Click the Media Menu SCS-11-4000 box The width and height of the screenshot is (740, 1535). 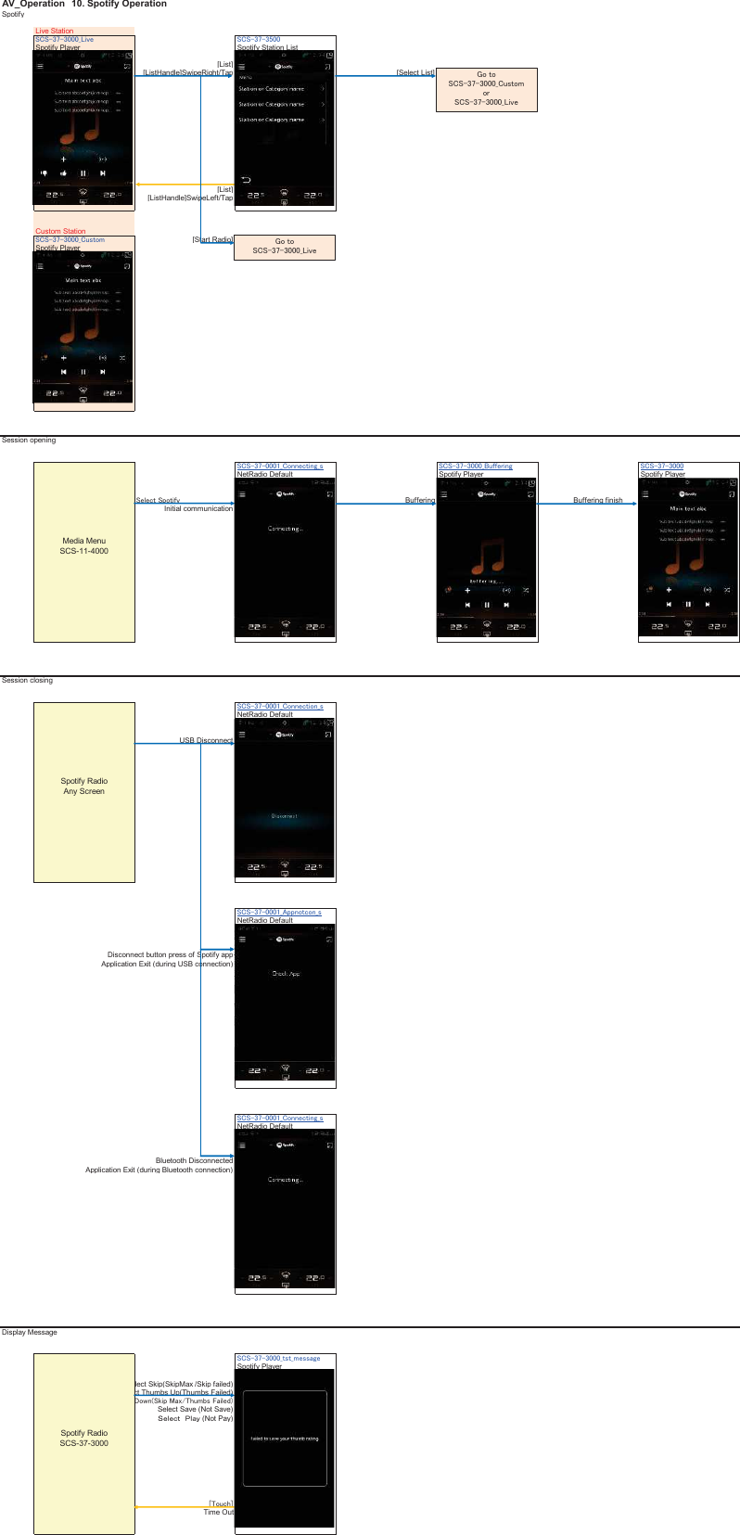click(84, 551)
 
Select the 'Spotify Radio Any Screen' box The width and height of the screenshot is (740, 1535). click(84, 791)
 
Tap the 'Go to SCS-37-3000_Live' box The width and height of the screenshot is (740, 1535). click(285, 247)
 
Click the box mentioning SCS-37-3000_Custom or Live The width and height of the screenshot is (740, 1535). click(486, 89)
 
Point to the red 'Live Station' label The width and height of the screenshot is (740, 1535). click(55, 31)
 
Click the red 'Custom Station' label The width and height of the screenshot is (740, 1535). click(60, 231)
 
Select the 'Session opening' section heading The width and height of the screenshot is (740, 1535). click(29, 440)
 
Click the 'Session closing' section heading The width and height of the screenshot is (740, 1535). click(28, 680)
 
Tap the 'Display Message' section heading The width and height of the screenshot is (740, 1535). click(30, 1332)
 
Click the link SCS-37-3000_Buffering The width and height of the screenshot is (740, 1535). click(475, 467)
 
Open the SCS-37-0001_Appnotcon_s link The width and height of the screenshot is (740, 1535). click(279, 913)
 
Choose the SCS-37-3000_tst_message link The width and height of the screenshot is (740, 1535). click(278, 1358)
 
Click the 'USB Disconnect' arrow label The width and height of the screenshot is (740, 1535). click(206, 740)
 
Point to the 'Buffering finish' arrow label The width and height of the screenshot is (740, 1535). click(598, 500)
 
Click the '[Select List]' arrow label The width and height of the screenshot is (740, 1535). click(415, 72)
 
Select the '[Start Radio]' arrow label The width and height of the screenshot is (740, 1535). click(212, 239)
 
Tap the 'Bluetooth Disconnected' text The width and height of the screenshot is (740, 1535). click(194, 1160)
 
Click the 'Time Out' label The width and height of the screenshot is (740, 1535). click(219, 1512)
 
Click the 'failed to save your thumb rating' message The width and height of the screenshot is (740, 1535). click(285, 1439)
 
